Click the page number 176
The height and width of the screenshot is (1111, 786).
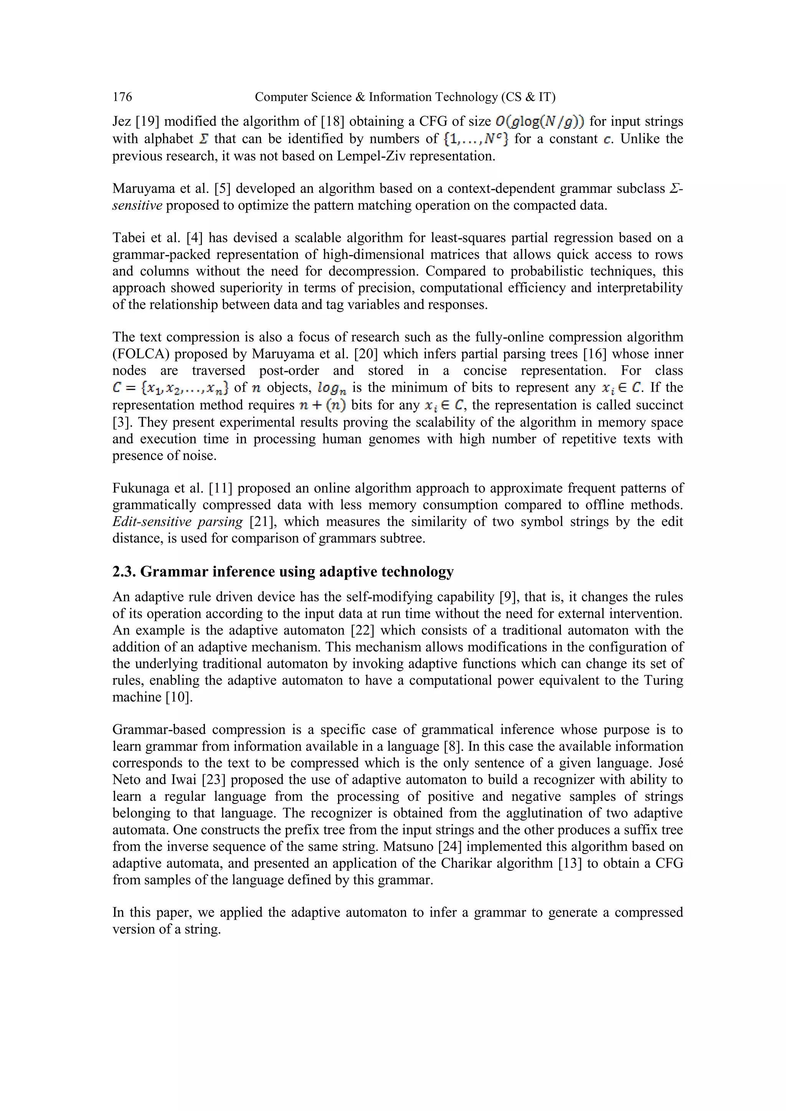(x=122, y=97)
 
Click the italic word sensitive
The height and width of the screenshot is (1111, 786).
(x=137, y=206)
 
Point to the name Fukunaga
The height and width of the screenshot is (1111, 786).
(x=141, y=489)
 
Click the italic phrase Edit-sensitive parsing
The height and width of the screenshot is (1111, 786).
(x=177, y=522)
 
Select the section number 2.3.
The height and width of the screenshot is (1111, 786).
(x=124, y=572)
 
